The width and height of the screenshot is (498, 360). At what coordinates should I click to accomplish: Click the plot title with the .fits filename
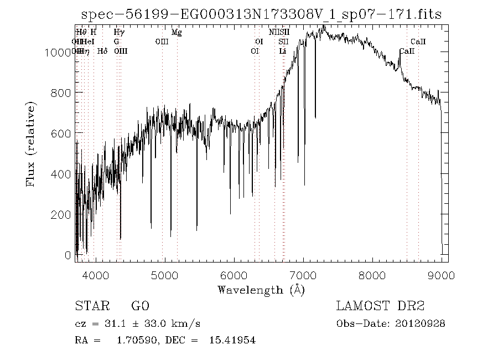(x=261, y=14)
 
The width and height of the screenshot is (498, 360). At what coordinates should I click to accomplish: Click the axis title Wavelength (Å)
(x=261, y=290)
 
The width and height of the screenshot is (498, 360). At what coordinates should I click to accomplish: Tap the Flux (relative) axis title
(x=31, y=143)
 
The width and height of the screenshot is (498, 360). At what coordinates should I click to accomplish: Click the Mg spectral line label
(x=177, y=32)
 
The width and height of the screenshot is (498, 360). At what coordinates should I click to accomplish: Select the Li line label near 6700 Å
(x=283, y=51)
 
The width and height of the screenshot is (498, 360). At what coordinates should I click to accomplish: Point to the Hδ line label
(x=102, y=51)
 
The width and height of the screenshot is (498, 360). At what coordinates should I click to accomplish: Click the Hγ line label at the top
(x=118, y=32)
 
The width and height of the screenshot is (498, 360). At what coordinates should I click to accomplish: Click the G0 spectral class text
(x=140, y=306)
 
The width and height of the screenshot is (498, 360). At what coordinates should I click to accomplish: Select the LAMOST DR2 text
(x=380, y=306)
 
